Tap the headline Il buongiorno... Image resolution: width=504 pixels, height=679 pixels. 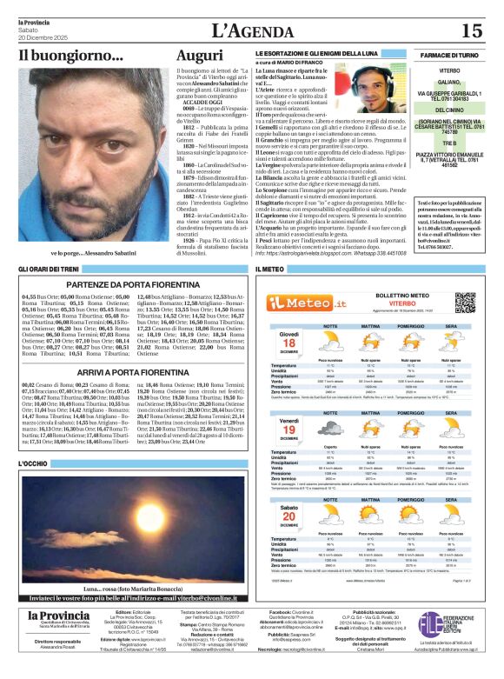(x=71, y=57)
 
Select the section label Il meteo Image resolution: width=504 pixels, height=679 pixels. (x=270, y=270)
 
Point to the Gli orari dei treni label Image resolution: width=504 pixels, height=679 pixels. (x=50, y=270)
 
